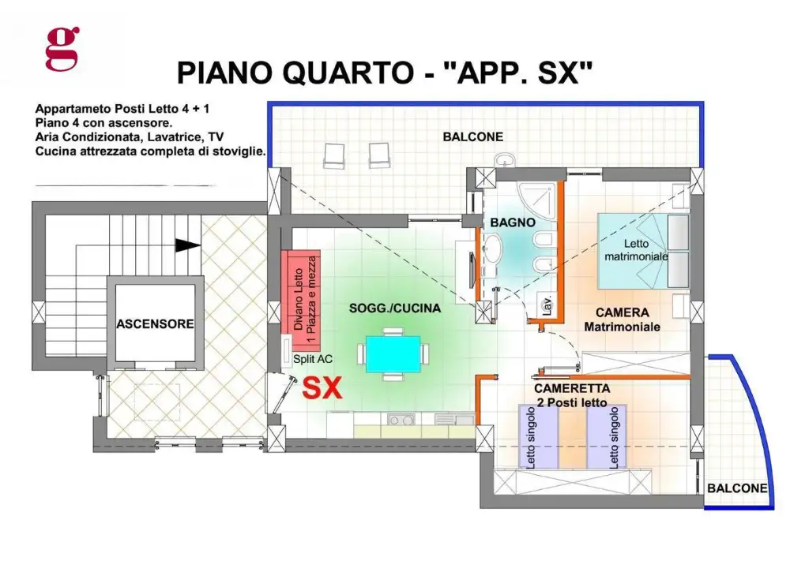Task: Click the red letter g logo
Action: click(62, 48)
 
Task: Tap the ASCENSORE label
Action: click(155, 323)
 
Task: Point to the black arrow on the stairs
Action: click(187, 245)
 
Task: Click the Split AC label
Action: click(313, 358)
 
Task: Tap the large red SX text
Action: click(323, 388)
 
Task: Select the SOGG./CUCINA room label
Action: click(395, 308)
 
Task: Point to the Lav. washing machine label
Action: click(545, 305)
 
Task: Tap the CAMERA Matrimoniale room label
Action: click(622, 319)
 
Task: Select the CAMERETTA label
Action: click(572, 388)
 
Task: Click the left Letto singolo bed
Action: click(538, 436)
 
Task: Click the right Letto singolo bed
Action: click(606, 436)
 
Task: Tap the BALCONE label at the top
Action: click(472, 136)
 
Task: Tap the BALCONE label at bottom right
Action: click(736, 488)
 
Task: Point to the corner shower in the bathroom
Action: click(538, 195)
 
